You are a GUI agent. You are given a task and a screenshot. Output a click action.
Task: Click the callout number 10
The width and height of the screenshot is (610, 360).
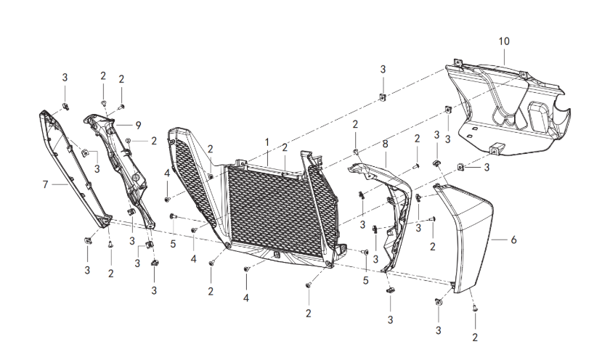504,41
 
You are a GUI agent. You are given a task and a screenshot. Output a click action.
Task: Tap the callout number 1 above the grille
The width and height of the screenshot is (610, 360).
267,142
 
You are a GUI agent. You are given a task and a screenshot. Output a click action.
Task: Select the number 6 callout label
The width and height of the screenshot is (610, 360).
513,240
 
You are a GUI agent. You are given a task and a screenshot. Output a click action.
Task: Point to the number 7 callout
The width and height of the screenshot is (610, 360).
45,184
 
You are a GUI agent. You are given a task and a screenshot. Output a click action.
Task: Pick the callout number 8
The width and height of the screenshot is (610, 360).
385,144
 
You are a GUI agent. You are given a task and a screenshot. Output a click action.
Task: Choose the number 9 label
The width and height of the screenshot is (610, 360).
138,126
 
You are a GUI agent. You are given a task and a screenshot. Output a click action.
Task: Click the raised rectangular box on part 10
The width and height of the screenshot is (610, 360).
539,115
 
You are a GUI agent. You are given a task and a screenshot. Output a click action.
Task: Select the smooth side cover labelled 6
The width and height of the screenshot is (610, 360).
465,237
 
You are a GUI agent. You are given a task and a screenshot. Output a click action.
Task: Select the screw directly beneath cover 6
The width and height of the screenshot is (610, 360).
475,308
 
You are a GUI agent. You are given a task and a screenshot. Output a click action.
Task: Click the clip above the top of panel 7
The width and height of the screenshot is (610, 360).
65,106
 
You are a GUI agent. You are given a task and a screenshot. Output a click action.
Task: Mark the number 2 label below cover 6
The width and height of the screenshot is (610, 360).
475,337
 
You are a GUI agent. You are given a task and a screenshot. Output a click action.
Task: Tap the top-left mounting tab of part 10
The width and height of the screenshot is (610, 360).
457,62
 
